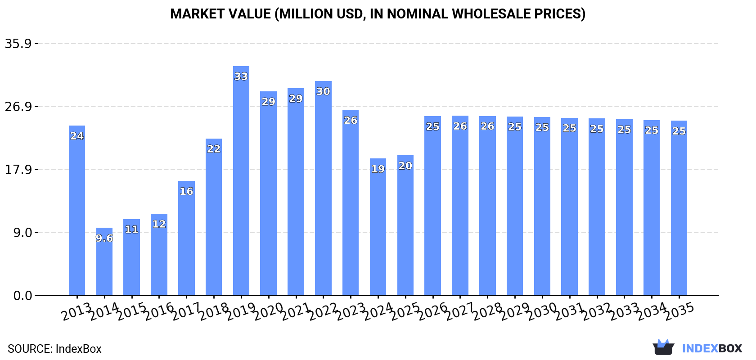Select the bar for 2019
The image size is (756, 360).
(241, 180)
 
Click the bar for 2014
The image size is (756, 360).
(104, 261)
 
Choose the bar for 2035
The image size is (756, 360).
(679, 207)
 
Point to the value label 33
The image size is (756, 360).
(241, 76)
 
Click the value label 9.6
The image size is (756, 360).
(104, 238)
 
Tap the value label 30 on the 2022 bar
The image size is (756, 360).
(323, 91)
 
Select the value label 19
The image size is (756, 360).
(378, 169)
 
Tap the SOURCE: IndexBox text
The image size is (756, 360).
(54, 349)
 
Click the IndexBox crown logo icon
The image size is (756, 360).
(663, 347)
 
